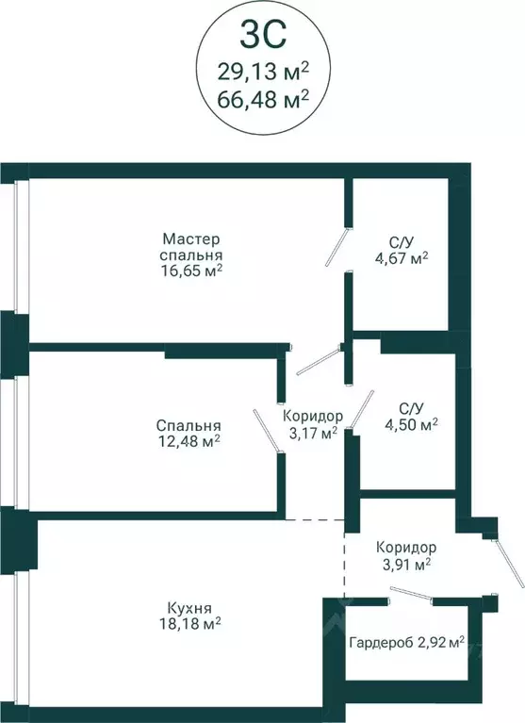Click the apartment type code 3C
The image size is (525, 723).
pyautogui.click(x=263, y=35)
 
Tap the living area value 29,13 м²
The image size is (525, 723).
pyautogui.click(x=263, y=72)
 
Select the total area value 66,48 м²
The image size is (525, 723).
pyautogui.click(x=263, y=100)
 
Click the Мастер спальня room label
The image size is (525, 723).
pyautogui.click(x=190, y=247)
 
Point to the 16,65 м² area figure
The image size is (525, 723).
pyautogui.click(x=191, y=271)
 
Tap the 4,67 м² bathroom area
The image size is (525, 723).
pyautogui.click(x=402, y=257)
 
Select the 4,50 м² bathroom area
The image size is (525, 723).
pyautogui.click(x=411, y=424)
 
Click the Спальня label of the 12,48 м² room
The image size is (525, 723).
pyautogui.click(x=189, y=425)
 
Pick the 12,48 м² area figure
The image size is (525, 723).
pyautogui.click(x=189, y=442)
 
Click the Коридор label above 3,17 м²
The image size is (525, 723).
pyautogui.click(x=313, y=417)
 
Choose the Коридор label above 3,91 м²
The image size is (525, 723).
pyautogui.click(x=406, y=548)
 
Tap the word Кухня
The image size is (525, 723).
pyautogui.click(x=189, y=608)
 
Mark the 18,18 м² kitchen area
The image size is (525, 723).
pyautogui.click(x=189, y=624)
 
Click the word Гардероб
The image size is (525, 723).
pyautogui.click(x=380, y=642)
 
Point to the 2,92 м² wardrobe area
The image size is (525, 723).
pyautogui.click(x=439, y=641)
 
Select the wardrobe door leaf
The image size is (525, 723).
pyautogui.click(x=411, y=593)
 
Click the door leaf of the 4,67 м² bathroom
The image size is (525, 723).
pyautogui.click(x=337, y=246)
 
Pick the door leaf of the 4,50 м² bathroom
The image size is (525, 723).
pyautogui.click(x=362, y=409)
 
